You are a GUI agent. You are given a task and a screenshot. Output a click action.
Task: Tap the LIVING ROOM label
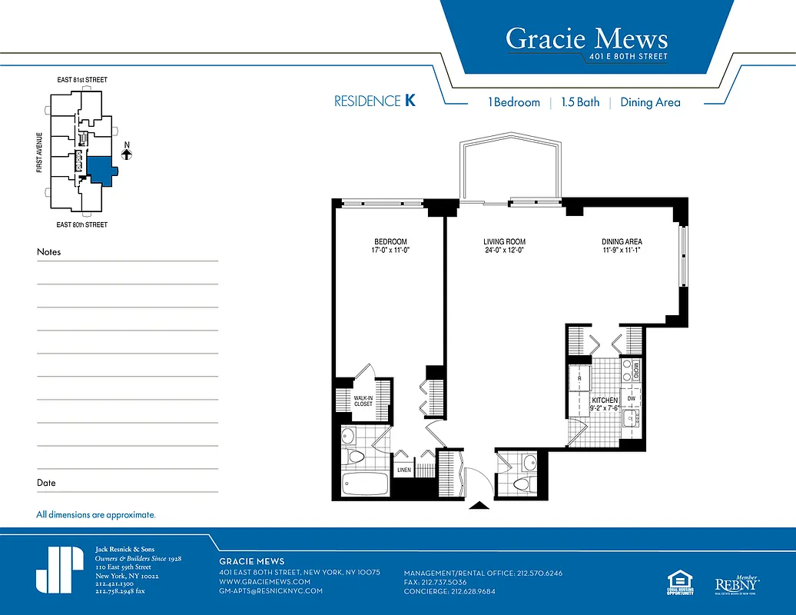coord(504,241)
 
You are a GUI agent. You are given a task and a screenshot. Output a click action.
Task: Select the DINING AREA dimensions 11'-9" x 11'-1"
coord(622,250)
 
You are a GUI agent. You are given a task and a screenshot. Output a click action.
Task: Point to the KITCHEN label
coord(604,401)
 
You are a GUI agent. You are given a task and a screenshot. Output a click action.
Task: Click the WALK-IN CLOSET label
coord(363,400)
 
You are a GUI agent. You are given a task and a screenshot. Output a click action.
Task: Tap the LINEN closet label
coord(403,470)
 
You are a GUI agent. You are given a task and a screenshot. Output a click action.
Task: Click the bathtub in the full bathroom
coord(365,485)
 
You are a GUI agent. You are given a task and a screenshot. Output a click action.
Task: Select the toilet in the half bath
coord(522,484)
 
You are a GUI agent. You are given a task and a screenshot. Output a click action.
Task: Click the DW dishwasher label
coord(631,398)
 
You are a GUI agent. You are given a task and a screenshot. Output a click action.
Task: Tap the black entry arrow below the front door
coord(479,505)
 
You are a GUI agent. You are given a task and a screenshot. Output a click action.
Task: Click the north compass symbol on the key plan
coord(127,153)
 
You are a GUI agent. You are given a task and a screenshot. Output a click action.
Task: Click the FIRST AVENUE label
coord(39,152)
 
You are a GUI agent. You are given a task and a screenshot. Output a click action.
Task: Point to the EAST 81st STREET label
coord(82,80)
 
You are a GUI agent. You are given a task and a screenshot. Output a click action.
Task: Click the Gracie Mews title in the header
coord(586,38)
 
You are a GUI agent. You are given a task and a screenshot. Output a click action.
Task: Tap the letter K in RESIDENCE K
coord(410,101)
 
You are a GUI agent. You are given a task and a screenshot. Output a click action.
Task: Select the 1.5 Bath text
coord(580,102)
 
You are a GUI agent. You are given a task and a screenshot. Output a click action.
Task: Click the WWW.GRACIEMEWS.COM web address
coord(265,582)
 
